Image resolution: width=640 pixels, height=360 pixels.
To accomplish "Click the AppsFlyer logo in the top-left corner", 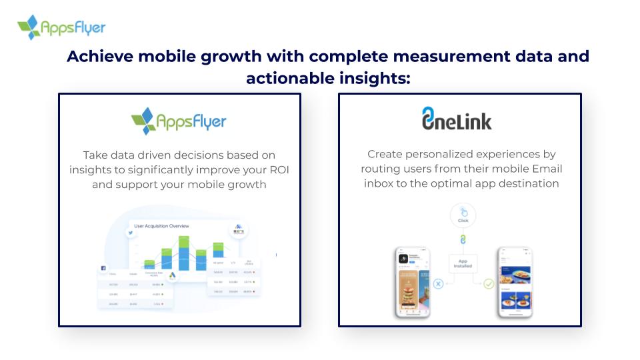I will (61, 27).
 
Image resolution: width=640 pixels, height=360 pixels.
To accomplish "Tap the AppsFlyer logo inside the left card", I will (179, 121).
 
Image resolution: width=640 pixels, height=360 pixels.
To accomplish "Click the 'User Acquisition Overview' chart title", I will (161, 226).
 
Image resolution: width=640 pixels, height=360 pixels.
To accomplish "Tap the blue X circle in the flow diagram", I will (438, 284).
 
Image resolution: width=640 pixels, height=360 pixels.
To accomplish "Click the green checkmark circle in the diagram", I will (488, 284).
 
